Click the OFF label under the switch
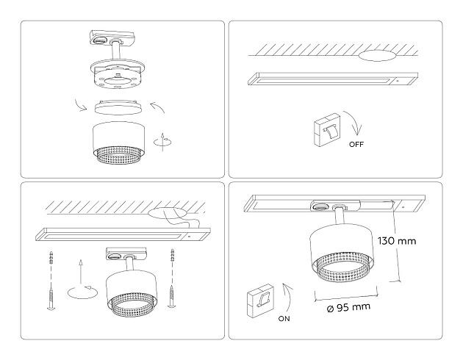pos(356,145)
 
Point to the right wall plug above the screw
pos(174,258)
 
